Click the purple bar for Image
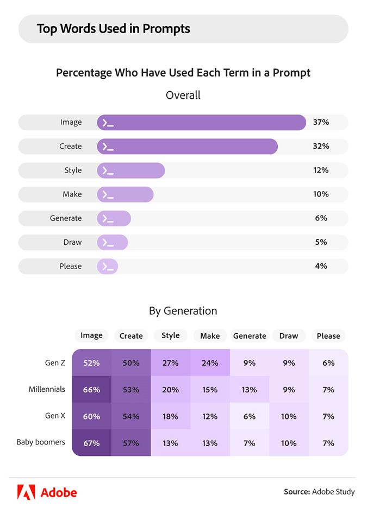pyautogui.click(x=201, y=123)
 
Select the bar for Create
pyautogui.click(x=188, y=147)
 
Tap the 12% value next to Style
pyautogui.click(x=321, y=170)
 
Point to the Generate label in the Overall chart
pyautogui.click(x=66, y=218)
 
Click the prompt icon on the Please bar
pyautogui.click(x=108, y=266)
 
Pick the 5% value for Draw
pyautogui.click(x=321, y=242)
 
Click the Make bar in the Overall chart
pyautogui.click(x=126, y=194)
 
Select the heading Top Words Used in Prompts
pyautogui.click(x=114, y=29)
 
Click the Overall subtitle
pyautogui.click(x=183, y=96)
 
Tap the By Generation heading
pyautogui.click(x=183, y=311)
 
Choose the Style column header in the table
pyautogui.click(x=171, y=336)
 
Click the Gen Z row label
pyautogui.click(x=55, y=363)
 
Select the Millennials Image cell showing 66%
pyautogui.click(x=91, y=390)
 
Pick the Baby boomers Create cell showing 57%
pyautogui.click(x=131, y=443)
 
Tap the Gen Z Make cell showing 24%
pyautogui.click(x=210, y=363)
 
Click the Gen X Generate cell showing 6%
pyautogui.click(x=250, y=416)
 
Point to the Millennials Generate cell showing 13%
pyautogui.click(x=250, y=390)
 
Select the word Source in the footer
pyautogui.click(x=296, y=492)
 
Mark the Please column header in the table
pyautogui.click(x=328, y=336)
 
